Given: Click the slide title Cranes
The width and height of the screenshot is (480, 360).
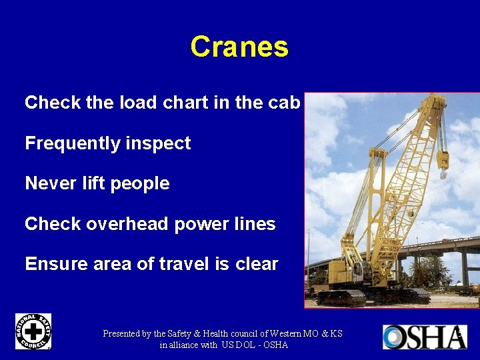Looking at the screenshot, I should (239, 47).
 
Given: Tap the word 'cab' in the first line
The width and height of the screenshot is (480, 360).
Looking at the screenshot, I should (287, 103).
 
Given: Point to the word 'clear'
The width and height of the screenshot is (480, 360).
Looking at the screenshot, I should (257, 264).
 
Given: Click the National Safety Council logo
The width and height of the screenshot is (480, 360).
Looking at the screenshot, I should (33, 331).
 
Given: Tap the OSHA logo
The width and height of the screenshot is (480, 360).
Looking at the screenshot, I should (424, 337).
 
